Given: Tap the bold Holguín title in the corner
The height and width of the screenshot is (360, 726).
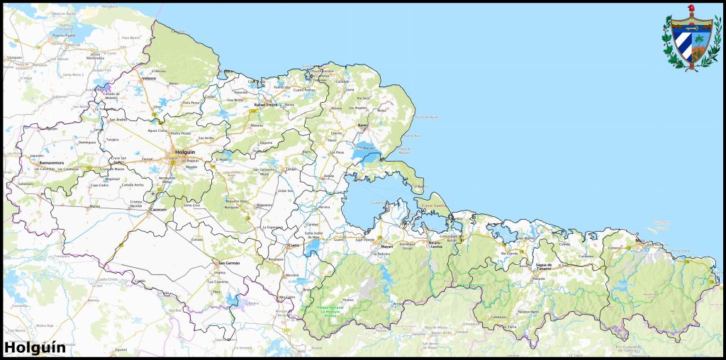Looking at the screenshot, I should [x=35, y=347].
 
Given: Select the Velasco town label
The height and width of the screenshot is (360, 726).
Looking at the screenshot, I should [x=149, y=79].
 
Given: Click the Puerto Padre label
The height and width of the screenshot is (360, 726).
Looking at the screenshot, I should [x=64, y=35].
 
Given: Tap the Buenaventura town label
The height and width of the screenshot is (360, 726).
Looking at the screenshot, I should [x=52, y=163].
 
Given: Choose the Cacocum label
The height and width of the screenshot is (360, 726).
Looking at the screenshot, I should [x=158, y=210].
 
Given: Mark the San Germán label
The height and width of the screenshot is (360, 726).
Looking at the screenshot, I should [x=229, y=263].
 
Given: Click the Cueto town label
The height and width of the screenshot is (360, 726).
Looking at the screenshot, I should [x=294, y=245].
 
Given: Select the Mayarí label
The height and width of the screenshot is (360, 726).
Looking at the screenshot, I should [x=386, y=247].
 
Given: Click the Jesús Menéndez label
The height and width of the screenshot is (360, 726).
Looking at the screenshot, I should [x=95, y=56].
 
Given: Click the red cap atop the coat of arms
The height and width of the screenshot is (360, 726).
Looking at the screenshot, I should [x=691, y=9].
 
